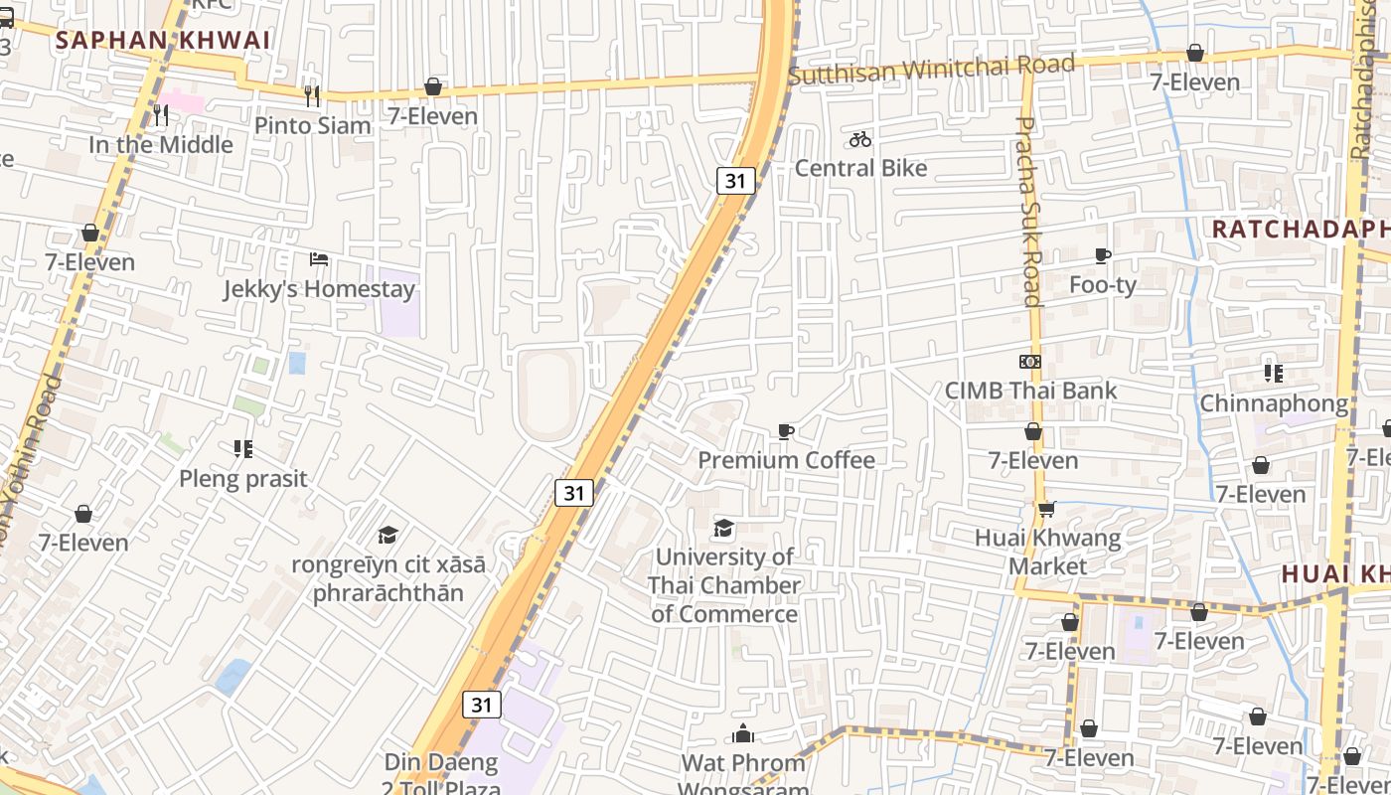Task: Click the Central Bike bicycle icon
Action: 860,139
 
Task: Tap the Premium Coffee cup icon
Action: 786,431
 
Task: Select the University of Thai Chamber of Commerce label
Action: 724,585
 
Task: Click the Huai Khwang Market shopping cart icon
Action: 1046,510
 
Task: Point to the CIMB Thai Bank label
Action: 1030,391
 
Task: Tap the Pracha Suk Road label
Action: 1028,211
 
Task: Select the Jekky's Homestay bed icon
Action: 318,259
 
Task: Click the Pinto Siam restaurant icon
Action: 312,95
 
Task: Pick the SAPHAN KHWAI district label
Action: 163,41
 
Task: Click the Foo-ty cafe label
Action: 1102,285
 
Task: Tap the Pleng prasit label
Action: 243,478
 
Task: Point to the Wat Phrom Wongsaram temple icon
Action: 743,734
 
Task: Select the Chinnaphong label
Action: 1273,403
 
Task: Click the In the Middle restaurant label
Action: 161,144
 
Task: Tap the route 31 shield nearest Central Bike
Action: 735,180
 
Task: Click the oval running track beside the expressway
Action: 547,395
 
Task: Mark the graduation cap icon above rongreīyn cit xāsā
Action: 387,536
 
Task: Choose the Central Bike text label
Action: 860,168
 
